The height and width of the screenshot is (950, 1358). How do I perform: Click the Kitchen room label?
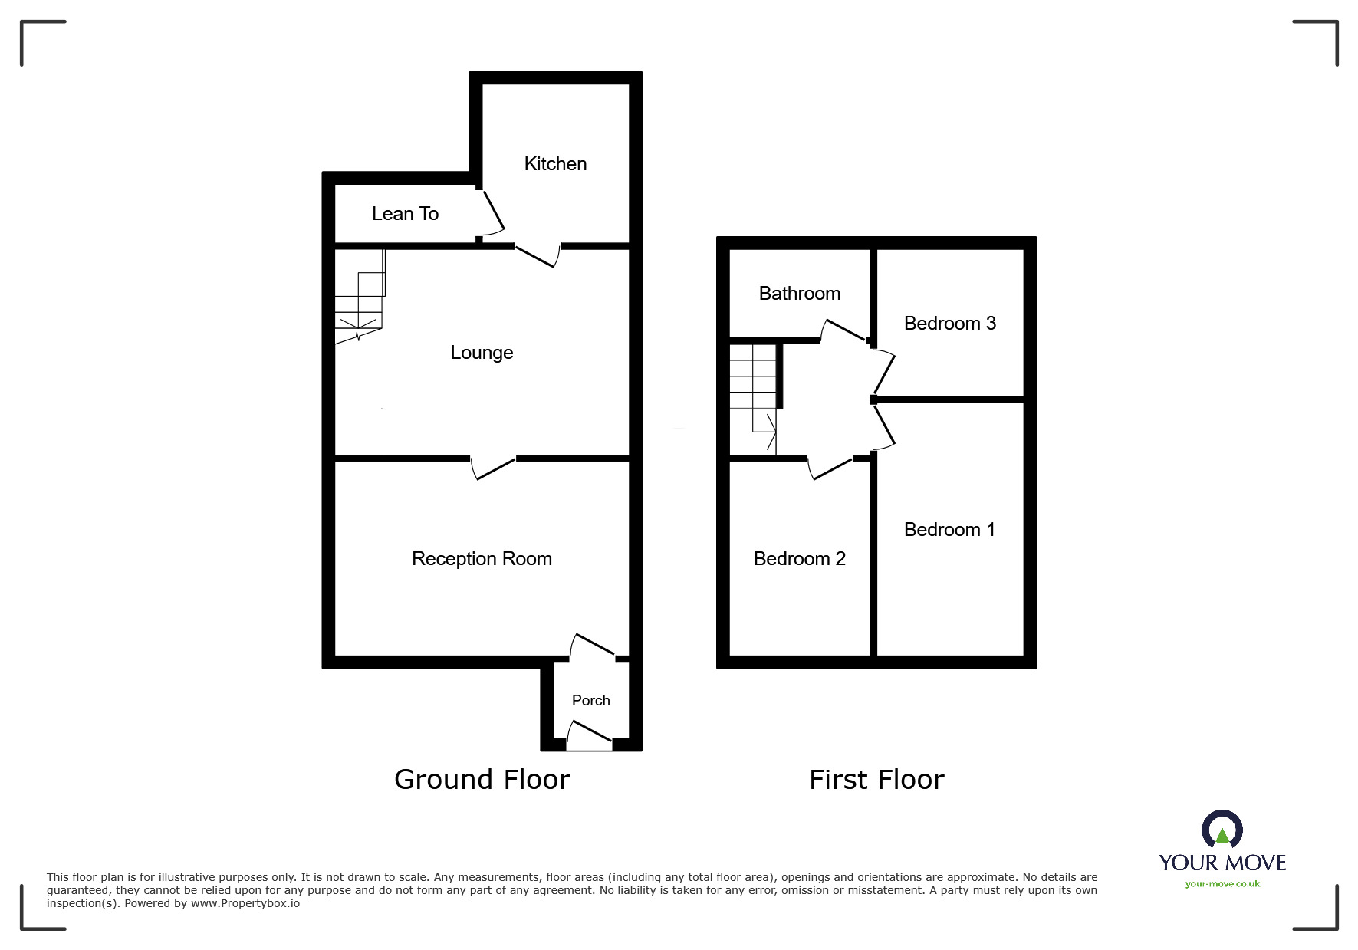[x=555, y=164]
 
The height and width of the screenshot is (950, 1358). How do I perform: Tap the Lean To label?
[x=405, y=214]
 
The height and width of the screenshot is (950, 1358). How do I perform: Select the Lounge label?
[x=482, y=353]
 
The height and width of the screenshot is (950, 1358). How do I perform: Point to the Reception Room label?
[x=482, y=559]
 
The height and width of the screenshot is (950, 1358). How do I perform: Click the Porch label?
[x=590, y=701]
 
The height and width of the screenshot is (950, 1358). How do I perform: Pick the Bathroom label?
[x=799, y=294]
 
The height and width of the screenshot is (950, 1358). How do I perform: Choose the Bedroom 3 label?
[x=949, y=324]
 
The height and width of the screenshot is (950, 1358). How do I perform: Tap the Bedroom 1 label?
[x=949, y=530]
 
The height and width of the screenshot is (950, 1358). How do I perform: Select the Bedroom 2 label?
[x=799, y=559]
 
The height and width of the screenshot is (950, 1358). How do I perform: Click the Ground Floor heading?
[x=482, y=780]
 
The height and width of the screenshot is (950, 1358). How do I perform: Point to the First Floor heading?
[x=876, y=780]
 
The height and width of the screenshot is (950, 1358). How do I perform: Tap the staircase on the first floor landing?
[x=753, y=399]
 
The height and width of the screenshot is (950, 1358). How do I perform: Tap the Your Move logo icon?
[x=1222, y=830]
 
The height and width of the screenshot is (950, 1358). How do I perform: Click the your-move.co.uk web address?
[x=1222, y=884]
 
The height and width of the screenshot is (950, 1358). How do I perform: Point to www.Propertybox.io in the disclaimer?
[x=245, y=904]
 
